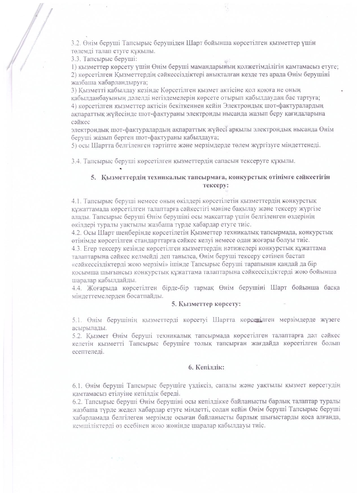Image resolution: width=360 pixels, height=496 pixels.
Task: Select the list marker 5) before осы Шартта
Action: (73, 146)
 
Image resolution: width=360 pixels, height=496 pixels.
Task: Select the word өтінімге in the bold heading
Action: (272, 177)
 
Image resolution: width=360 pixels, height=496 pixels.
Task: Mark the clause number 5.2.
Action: (77, 336)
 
